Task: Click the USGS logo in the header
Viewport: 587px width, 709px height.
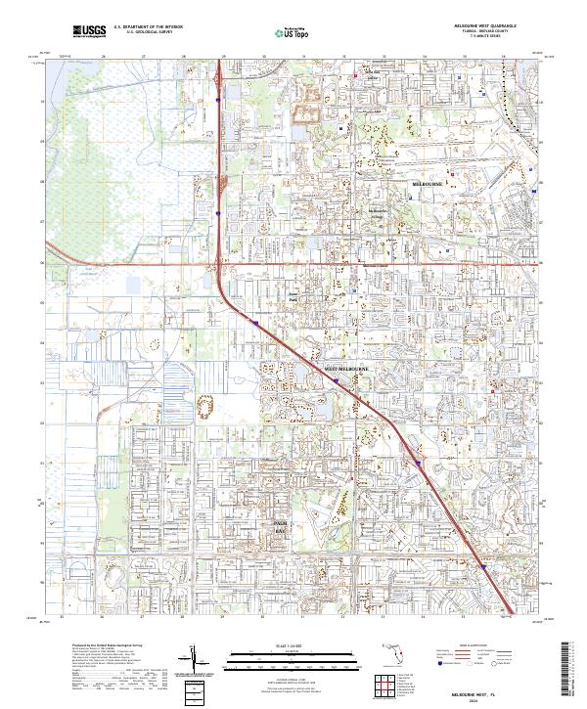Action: point(90,31)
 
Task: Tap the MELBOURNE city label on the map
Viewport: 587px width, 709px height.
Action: point(427,183)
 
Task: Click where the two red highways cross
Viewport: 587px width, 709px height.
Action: point(220,263)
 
